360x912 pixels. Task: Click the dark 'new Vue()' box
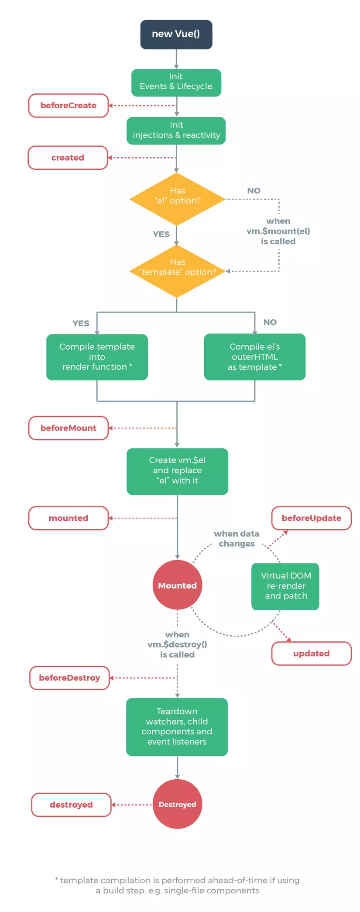176,34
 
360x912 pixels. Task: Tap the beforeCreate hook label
68,105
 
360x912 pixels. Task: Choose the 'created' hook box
68,158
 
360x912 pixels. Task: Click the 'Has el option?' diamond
177,199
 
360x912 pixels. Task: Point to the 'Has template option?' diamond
177,271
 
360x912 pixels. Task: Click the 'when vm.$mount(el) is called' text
278,231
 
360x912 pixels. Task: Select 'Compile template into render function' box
97,357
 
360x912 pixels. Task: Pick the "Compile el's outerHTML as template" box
254,357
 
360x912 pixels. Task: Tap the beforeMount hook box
68,428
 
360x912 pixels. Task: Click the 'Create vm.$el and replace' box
177,471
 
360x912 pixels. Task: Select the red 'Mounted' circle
177,585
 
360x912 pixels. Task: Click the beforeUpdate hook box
311,518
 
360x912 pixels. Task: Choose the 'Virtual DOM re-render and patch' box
285,586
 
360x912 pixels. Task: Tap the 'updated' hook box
311,653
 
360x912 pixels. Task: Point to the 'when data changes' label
237,538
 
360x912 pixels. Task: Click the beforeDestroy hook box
69,678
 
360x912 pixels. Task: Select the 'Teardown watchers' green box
177,726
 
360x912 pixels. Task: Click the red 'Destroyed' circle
177,804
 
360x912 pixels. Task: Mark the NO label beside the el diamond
254,190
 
